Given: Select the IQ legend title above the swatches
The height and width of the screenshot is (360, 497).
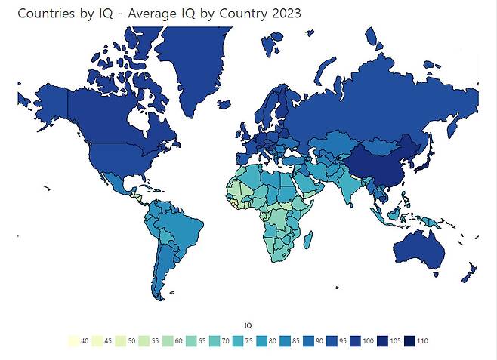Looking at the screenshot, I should [x=248, y=325].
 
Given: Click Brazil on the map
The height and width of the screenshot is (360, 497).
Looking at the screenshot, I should [x=181, y=230].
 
